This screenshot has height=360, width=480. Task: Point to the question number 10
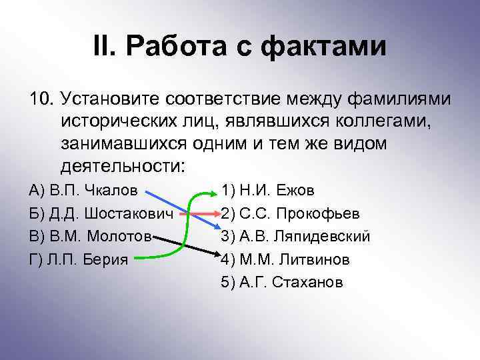coord(41,99)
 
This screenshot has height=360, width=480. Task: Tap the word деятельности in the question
coord(123,165)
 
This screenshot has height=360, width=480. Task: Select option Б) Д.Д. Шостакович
coord(101,214)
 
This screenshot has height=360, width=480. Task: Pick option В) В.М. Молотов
coord(91,237)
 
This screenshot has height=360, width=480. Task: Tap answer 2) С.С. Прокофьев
coord(291,214)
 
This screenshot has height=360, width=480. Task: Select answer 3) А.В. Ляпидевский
coord(295,237)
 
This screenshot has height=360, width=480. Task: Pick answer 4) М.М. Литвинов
coord(283,259)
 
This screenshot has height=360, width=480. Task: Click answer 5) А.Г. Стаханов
coord(281,282)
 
